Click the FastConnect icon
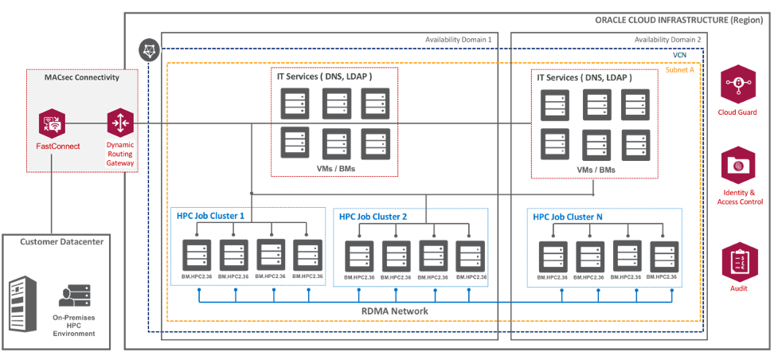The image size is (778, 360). click(x=51, y=123)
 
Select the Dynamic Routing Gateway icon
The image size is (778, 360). click(x=119, y=123)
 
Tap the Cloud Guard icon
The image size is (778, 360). click(x=737, y=82)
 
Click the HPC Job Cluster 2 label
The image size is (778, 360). click(x=373, y=216)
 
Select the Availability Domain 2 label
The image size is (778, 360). click(x=668, y=38)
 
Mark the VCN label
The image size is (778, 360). click(x=680, y=55)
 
